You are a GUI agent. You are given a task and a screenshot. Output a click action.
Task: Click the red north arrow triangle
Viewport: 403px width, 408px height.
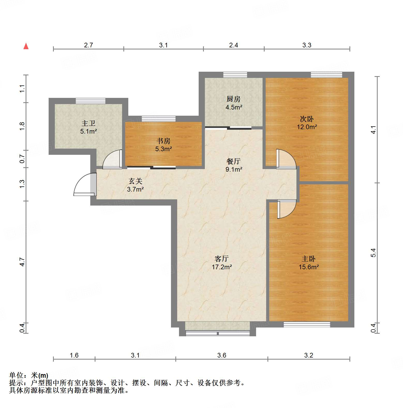26,46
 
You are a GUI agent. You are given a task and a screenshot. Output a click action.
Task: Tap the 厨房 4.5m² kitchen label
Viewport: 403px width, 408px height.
234,103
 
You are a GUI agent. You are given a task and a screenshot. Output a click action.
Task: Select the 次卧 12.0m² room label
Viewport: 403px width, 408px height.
307,123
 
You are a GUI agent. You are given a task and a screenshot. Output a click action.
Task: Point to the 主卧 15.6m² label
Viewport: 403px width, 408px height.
309,263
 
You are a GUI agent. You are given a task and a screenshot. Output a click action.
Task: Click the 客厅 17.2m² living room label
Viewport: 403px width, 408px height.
222,263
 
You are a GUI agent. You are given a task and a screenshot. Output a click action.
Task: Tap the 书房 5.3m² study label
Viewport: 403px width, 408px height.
163,145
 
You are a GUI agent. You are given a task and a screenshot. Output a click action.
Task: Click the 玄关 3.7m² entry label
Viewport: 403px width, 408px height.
135,185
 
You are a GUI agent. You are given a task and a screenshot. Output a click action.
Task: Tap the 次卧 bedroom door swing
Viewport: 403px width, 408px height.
286,159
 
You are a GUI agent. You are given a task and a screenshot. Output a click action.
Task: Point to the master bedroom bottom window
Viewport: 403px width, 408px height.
307,324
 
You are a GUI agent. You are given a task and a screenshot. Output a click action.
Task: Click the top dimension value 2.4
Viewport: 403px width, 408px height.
233,45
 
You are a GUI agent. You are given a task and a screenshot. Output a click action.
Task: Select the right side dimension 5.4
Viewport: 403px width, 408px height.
373,253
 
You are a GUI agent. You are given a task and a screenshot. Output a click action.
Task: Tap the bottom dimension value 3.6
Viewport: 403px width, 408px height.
222,355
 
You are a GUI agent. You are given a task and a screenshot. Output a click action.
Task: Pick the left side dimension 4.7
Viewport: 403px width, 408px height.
22,262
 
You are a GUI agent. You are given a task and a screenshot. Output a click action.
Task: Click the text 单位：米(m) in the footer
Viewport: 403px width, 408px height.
29,375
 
